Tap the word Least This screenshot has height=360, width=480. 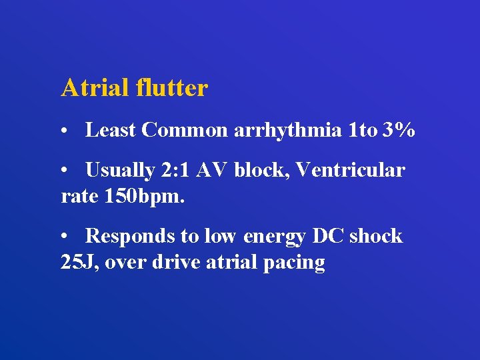click(x=111, y=131)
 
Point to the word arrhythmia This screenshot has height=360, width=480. click(x=288, y=131)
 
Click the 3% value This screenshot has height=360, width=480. click(x=399, y=131)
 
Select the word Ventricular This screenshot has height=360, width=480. click(x=349, y=171)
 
